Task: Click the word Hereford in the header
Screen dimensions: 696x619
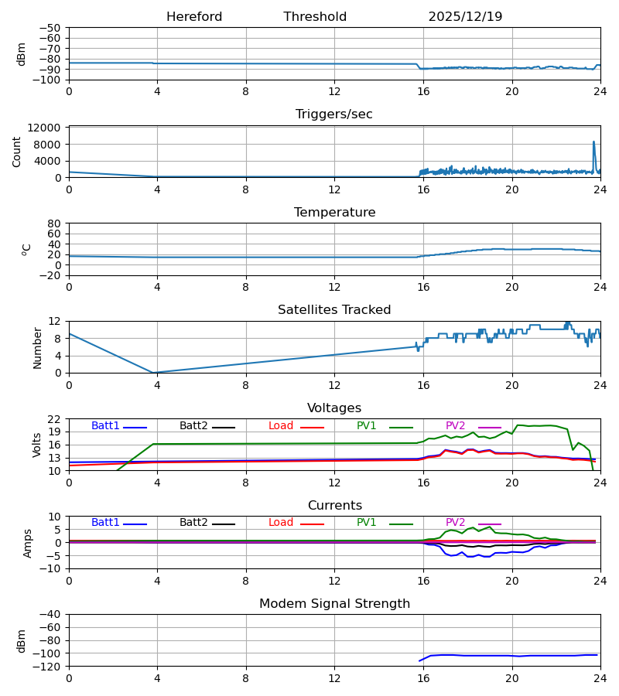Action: click(194, 17)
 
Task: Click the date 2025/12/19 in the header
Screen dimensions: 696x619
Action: click(465, 17)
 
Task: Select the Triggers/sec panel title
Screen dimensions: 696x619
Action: click(334, 114)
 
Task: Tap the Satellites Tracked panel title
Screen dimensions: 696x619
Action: click(334, 310)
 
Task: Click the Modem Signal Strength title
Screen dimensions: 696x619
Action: click(334, 604)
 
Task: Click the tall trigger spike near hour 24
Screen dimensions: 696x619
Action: click(593, 142)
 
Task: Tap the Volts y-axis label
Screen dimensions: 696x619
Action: click(37, 445)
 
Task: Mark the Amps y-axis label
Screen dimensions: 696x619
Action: click(29, 543)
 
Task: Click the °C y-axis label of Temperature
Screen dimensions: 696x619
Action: click(26, 249)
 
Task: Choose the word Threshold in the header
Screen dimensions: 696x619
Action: click(315, 17)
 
